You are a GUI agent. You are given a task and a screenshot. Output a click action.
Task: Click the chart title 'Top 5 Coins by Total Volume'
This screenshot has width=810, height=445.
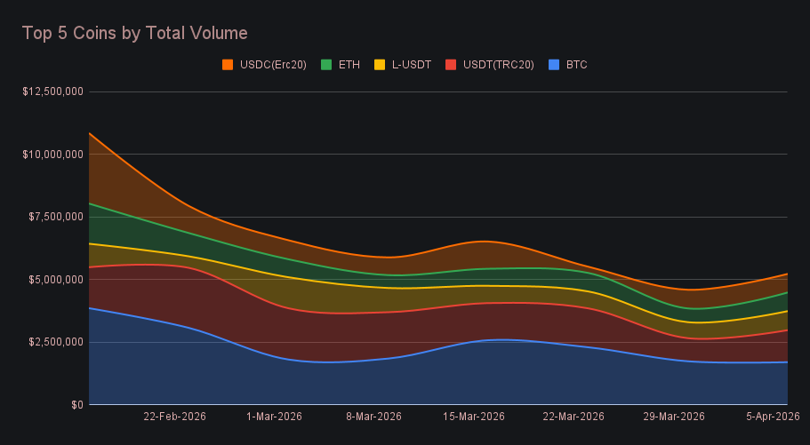[x=134, y=33]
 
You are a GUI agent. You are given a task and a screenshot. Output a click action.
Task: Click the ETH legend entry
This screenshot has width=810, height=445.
[x=349, y=65]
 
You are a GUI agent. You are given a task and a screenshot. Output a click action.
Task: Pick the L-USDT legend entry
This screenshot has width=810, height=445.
[x=411, y=65]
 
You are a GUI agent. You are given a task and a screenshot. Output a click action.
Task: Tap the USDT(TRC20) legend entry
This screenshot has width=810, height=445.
[x=498, y=65]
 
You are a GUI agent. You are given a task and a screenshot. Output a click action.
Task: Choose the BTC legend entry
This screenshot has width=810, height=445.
[x=576, y=65]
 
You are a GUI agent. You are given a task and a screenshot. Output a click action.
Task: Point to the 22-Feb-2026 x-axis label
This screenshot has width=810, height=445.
[x=174, y=417]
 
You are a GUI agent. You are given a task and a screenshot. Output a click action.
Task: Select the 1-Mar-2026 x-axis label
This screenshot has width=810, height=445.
[x=274, y=417]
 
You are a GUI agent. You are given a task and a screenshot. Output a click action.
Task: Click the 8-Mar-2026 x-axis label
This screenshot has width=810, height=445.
[x=373, y=417]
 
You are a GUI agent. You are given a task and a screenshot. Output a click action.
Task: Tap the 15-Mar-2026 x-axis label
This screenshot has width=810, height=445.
[x=474, y=417]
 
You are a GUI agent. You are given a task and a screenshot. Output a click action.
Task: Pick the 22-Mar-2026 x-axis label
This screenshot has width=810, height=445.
[x=573, y=417]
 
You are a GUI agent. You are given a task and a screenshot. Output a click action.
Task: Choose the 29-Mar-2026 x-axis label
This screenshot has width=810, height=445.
[x=674, y=417]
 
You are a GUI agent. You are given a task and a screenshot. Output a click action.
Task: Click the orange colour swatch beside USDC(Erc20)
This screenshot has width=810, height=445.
[x=228, y=65]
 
